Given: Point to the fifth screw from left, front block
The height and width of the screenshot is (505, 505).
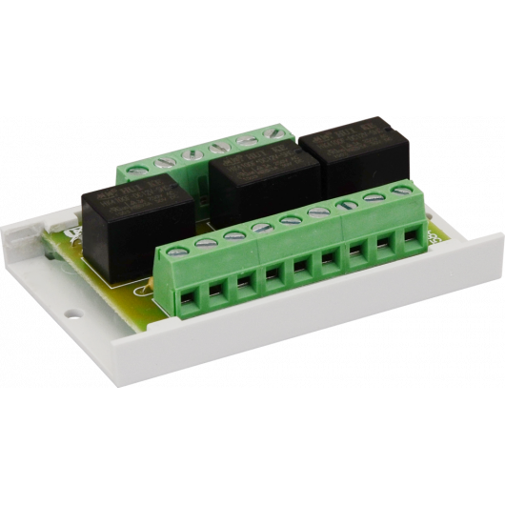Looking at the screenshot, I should tap(289, 221).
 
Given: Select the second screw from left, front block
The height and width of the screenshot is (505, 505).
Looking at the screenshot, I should tap(203, 242).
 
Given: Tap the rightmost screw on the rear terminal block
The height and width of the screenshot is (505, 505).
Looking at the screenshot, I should tap(277, 132).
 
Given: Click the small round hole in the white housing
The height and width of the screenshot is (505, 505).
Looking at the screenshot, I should tap(69, 311).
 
